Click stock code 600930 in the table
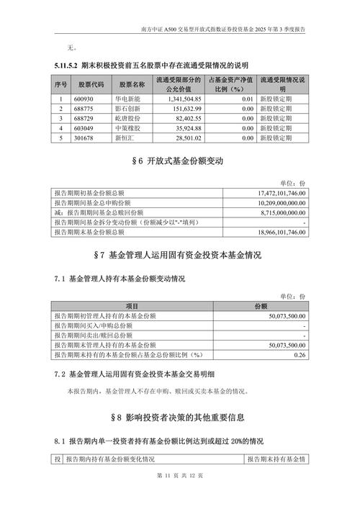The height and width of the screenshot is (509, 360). (x=86, y=99)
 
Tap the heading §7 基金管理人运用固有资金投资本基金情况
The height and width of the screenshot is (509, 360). (x=179, y=256)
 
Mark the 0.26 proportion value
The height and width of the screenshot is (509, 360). (x=301, y=355)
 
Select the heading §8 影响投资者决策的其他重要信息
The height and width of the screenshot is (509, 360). (x=179, y=417)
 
